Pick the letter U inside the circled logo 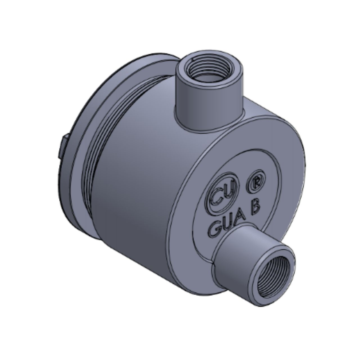[226, 195]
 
